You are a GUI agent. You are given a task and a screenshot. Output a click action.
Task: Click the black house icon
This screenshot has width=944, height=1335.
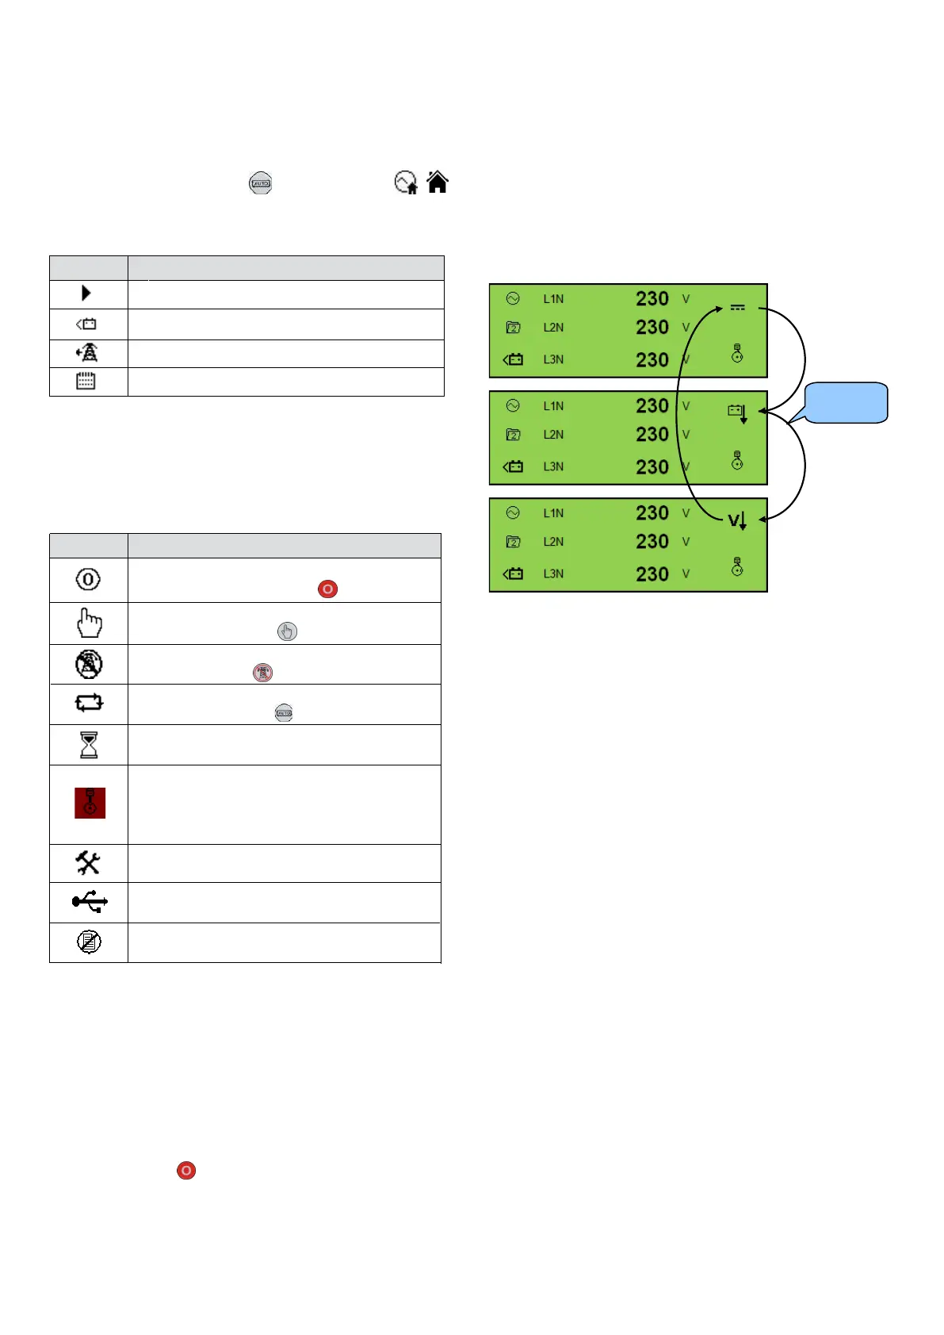tap(438, 182)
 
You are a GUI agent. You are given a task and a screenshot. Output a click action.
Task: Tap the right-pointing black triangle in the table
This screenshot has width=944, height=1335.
tap(86, 293)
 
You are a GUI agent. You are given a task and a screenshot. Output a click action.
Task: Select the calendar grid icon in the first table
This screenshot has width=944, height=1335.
tap(86, 382)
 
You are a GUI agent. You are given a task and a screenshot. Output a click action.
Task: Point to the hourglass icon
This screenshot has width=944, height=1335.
tap(89, 745)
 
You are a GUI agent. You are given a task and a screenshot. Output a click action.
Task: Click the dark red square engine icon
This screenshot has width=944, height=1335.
tap(90, 803)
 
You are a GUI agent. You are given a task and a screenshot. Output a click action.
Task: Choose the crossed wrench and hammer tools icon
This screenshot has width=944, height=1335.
tap(88, 863)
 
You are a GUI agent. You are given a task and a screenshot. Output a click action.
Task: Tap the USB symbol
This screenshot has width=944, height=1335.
tap(90, 902)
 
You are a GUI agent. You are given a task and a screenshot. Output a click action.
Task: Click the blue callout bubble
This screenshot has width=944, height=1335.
tap(847, 402)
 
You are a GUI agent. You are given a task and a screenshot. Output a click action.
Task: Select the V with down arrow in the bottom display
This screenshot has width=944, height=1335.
tap(737, 521)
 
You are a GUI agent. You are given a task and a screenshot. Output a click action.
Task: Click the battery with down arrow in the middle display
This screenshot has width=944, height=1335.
tap(737, 412)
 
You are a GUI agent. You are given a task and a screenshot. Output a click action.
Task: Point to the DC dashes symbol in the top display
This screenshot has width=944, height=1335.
tap(737, 308)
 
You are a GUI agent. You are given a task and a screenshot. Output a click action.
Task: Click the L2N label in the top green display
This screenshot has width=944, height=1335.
tap(553, 328)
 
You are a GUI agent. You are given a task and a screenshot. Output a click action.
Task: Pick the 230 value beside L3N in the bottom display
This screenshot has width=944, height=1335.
tap(652, 574)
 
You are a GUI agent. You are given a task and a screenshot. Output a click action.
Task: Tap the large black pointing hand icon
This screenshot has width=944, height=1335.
tap(89, 623)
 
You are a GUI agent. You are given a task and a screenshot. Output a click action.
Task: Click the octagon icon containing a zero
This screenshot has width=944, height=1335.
tap(88, 580)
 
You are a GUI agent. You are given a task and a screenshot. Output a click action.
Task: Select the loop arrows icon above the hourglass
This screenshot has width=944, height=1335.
tap(89, 703)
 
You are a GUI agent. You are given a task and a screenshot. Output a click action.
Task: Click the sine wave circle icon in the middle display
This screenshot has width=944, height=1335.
tap(513, 406)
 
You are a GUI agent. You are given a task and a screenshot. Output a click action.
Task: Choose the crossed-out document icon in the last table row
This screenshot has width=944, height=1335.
tap(89, 942)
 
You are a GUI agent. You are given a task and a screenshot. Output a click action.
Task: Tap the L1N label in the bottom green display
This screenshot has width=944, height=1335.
tap(553, 513)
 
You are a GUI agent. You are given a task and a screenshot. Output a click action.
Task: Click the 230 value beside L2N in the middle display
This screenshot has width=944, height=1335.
tap(652, 435)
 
